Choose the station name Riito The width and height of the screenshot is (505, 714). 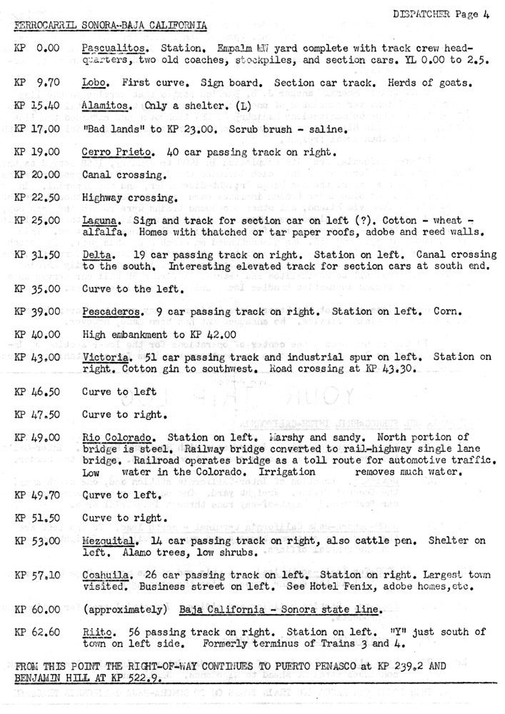(x=96, y=632)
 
